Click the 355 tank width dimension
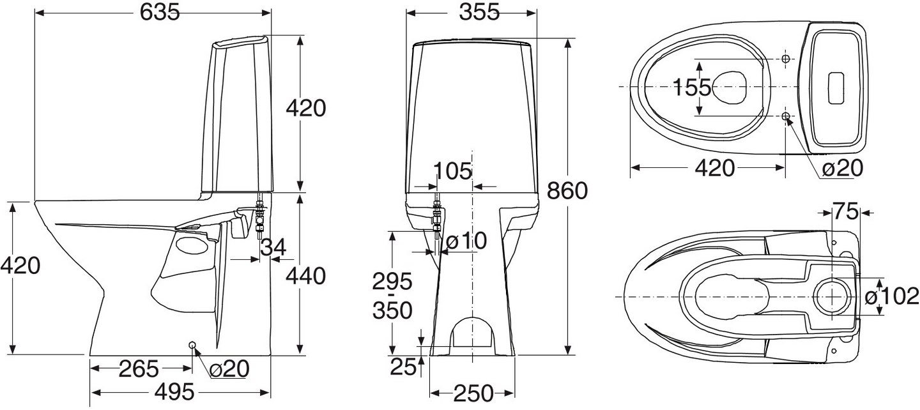[471, 12]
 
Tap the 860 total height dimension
[567, 190]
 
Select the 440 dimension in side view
[305, 276]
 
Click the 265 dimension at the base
[139, 368]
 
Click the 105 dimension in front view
[452, 171]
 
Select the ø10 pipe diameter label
[466, 241]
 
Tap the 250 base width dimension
[472, 394]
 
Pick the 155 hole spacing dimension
[691, 87]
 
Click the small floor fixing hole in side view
[192, 345]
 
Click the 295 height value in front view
[393, 281]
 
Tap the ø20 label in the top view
[842, 168]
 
